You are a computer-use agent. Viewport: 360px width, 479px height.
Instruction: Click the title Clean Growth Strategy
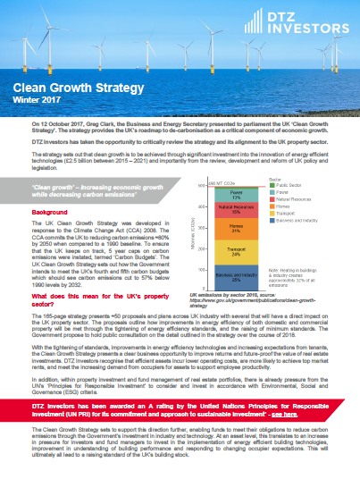[x=65, y=88]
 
